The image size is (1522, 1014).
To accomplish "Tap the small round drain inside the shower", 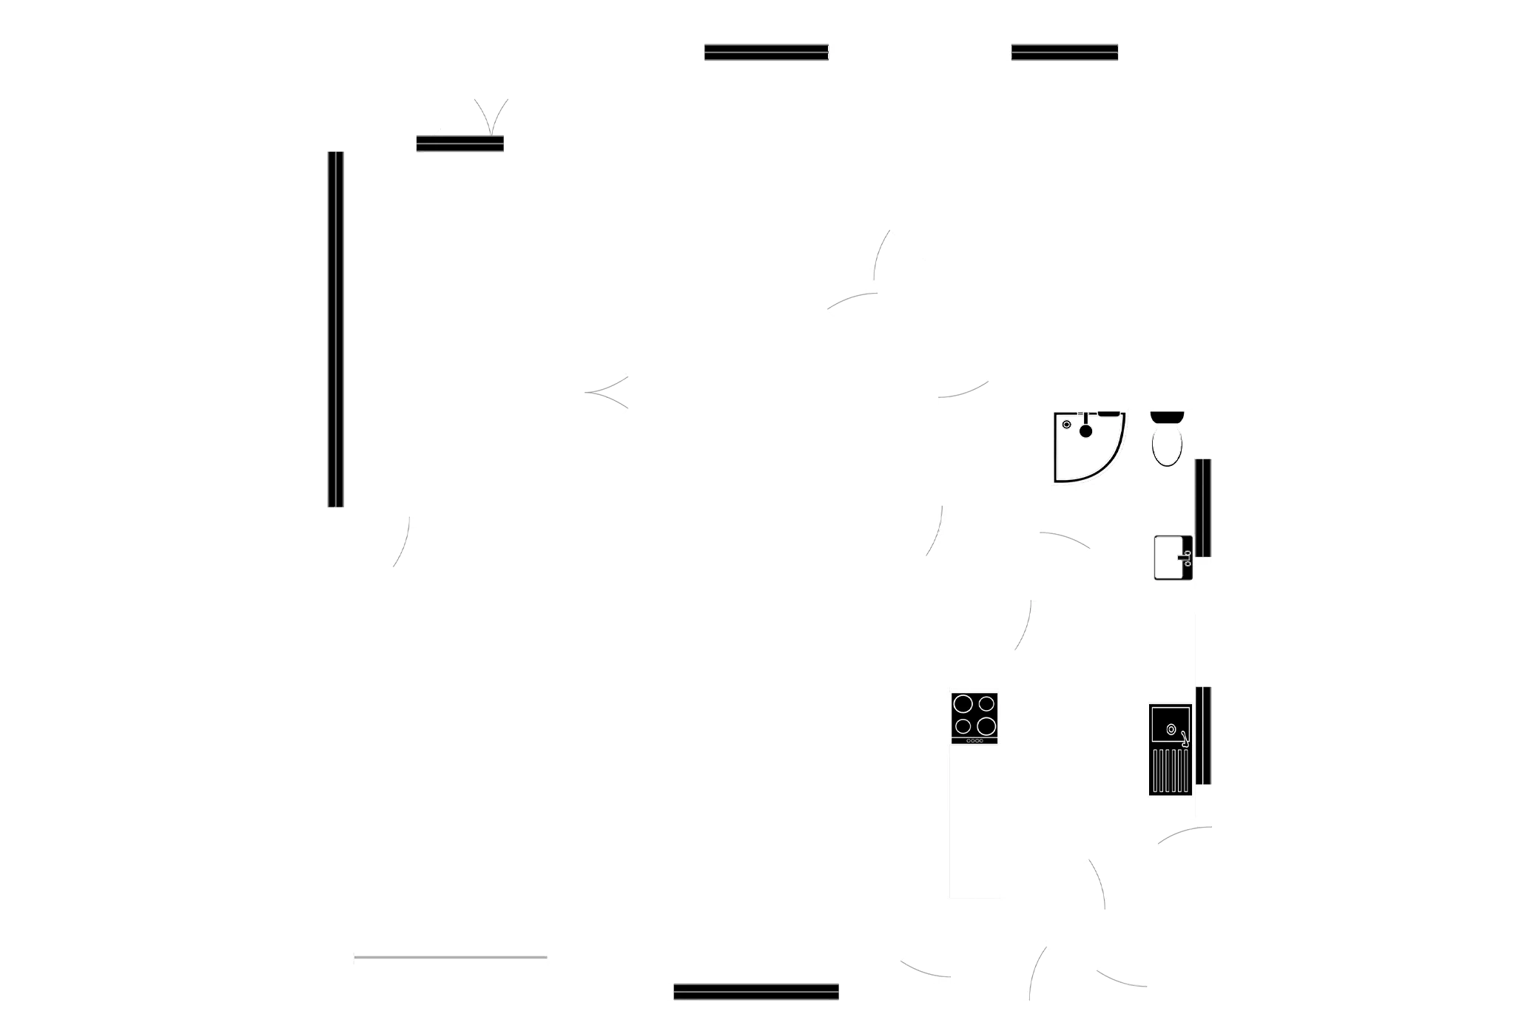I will pos(1066,425).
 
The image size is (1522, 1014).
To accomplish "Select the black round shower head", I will pos(1085,430).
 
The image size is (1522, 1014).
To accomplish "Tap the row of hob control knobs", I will pos(974,740).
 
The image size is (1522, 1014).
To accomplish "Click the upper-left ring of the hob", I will pos(963,703).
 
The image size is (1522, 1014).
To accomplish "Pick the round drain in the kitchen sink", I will pos(1171,729).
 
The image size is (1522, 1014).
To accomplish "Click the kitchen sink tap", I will pos(1184,737).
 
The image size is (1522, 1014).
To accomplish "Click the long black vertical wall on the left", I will pos(335,329).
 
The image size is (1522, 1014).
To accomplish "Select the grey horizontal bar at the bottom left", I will pos(450,958).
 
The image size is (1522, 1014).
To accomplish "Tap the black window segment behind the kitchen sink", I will pos(1204,735).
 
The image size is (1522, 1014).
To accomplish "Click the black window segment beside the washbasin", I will pos(1203,507).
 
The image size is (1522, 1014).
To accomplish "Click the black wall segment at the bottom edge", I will pos(755,992).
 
